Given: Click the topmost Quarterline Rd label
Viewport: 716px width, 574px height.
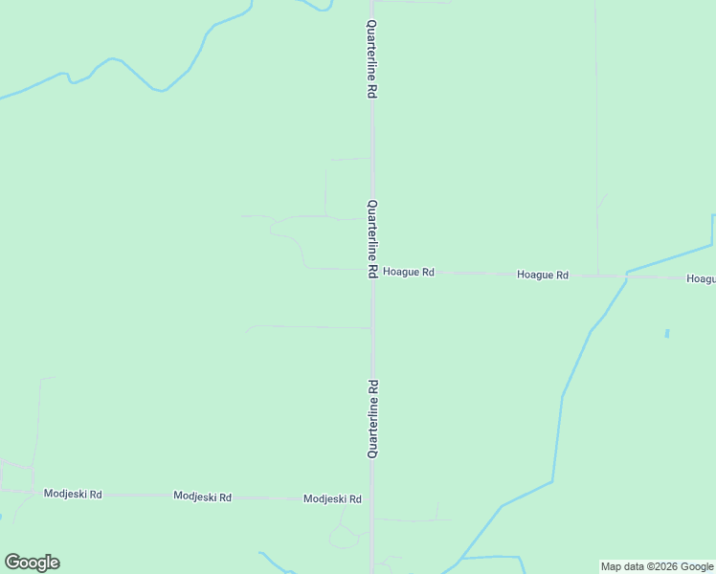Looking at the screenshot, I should coord(371,59).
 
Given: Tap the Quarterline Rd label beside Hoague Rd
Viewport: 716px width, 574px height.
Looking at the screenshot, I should coord(371,239).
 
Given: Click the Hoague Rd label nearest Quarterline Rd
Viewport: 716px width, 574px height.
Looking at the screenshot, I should coord(409,273).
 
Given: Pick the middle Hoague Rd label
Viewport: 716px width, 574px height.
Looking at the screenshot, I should coord(543,275).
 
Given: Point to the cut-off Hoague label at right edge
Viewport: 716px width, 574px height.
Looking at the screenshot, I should coord(701,279).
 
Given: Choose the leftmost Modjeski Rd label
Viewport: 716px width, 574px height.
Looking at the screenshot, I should coord(73,494).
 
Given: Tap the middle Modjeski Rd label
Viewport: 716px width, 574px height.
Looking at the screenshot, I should coord(202,497).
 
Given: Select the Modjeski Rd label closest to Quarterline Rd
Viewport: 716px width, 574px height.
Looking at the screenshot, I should coord(332,499).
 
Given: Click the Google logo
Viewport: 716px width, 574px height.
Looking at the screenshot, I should coord(33,563).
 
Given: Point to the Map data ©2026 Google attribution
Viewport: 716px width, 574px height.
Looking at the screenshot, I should coord(658,566).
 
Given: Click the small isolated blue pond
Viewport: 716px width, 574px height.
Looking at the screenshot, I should coord(667,334).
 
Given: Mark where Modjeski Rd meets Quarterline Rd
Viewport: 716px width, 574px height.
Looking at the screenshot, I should coord(372,498).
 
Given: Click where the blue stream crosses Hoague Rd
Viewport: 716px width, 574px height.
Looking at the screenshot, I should coord(626,276).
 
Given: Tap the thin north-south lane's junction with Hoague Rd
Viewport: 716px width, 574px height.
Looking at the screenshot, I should coord(598,276).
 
